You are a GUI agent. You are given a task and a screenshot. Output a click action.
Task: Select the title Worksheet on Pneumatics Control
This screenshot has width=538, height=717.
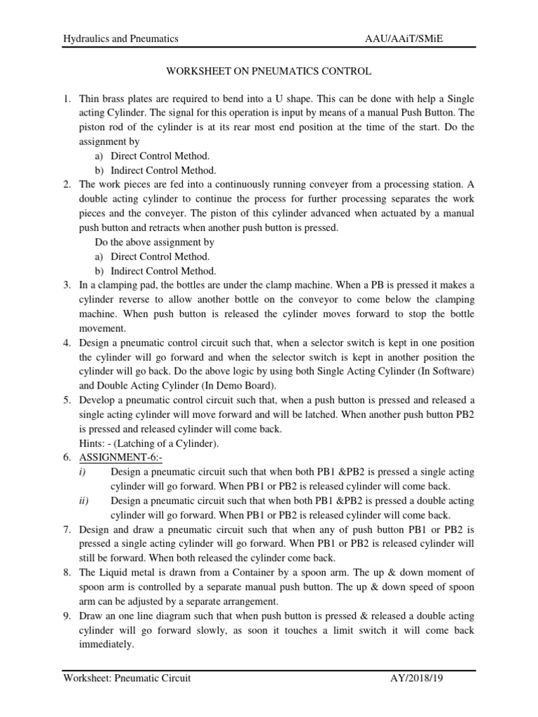click(x=268, y=71)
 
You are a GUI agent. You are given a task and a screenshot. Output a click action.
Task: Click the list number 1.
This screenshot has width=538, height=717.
click(x=67, y=99)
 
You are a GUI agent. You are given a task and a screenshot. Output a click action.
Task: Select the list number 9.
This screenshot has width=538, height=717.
click(x=67, y=615)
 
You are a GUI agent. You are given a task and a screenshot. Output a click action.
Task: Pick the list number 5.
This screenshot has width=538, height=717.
click(x=67, y=400)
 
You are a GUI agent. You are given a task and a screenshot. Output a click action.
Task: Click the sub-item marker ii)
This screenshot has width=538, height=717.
click(x=85, y=501)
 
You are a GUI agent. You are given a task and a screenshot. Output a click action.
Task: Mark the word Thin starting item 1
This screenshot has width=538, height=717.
click(x=90, y=99)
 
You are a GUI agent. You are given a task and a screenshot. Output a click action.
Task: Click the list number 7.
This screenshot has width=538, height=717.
click(x=67, y=529)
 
